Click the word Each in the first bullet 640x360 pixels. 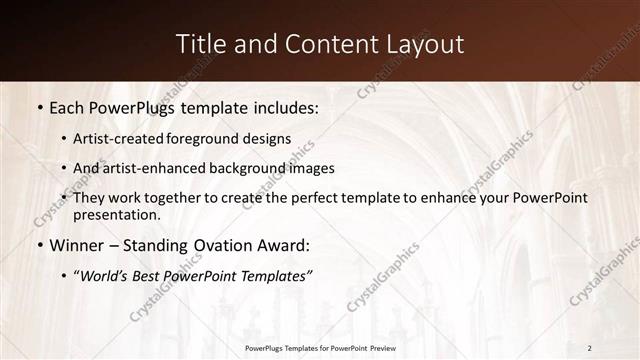[68, 105]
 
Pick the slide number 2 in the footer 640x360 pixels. [590, 347]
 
